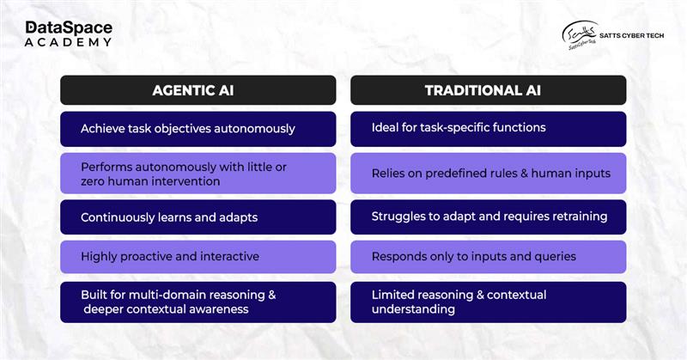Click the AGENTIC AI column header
tap(198, 90)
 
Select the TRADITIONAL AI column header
tap(488, 90)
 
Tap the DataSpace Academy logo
tap(69, 34)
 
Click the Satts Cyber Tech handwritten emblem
tap(580, 35)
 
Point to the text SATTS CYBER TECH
tap(631, 35)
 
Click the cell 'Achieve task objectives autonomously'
tap(198, 129)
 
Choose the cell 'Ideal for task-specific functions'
tap(488, 129)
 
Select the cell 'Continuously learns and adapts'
tap(198, 217)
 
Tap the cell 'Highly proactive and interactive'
tap(198, 257)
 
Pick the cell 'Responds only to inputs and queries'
tap(488, 257)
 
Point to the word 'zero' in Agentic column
tap(91, 181)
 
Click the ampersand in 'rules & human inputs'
tap(524, 174)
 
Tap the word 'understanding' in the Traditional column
tap(413, 309)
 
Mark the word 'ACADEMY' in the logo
tap(68, 43)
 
